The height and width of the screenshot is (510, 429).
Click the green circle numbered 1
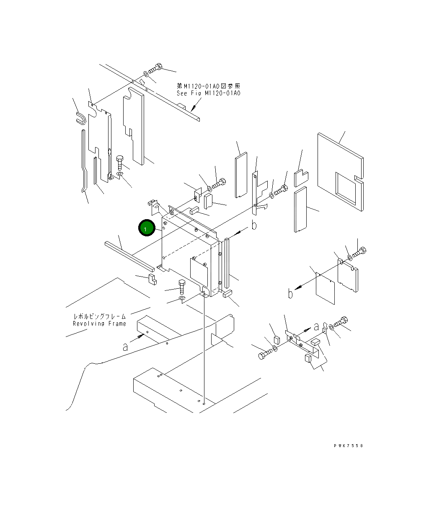click(x=147, y=228)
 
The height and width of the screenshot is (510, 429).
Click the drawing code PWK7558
click(x=348, y=446)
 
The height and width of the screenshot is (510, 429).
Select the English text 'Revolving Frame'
click(x=99, y=324)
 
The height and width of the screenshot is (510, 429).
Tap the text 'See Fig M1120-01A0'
click(x=208, y=93)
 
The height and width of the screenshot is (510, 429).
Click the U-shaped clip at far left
click(x=80, y=118)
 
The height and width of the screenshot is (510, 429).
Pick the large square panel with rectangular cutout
click(x=340, y=172)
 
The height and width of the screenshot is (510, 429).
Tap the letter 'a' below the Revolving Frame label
click(x=125, y=347)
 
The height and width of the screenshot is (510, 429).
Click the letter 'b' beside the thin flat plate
click(x=290, y=293)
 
